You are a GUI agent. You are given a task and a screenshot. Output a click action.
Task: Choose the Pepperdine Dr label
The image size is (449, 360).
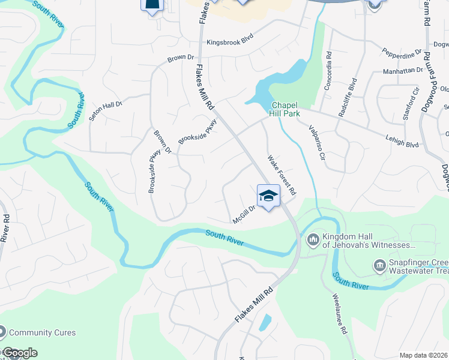(402, 55)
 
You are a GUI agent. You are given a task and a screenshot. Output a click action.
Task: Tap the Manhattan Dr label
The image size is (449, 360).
(403, 70)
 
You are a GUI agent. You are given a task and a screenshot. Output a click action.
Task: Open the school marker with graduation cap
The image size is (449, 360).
(268, 196)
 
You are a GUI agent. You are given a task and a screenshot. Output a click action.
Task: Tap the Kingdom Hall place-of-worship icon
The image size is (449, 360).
(313, 241)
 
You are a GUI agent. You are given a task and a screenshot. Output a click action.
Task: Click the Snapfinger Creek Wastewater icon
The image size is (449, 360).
(379, 265)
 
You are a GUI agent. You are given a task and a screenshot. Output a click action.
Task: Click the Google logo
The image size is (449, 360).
(19, 353)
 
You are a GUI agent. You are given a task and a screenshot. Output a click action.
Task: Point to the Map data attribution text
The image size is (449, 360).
(424, 355)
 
